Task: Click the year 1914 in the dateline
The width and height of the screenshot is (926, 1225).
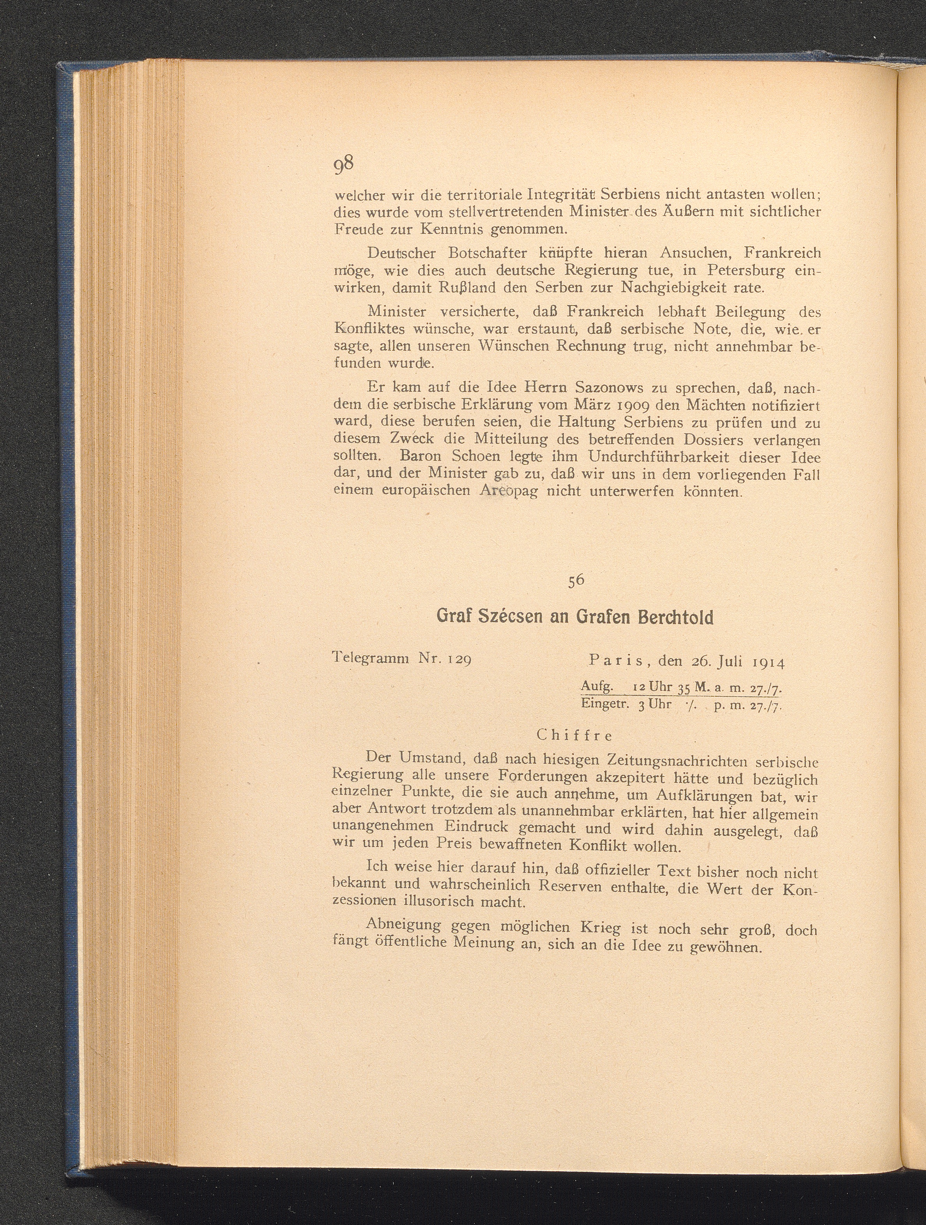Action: click(769, 661)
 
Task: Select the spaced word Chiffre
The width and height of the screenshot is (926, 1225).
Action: click(575, 736)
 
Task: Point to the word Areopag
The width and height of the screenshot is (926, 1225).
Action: click(509, 491)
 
